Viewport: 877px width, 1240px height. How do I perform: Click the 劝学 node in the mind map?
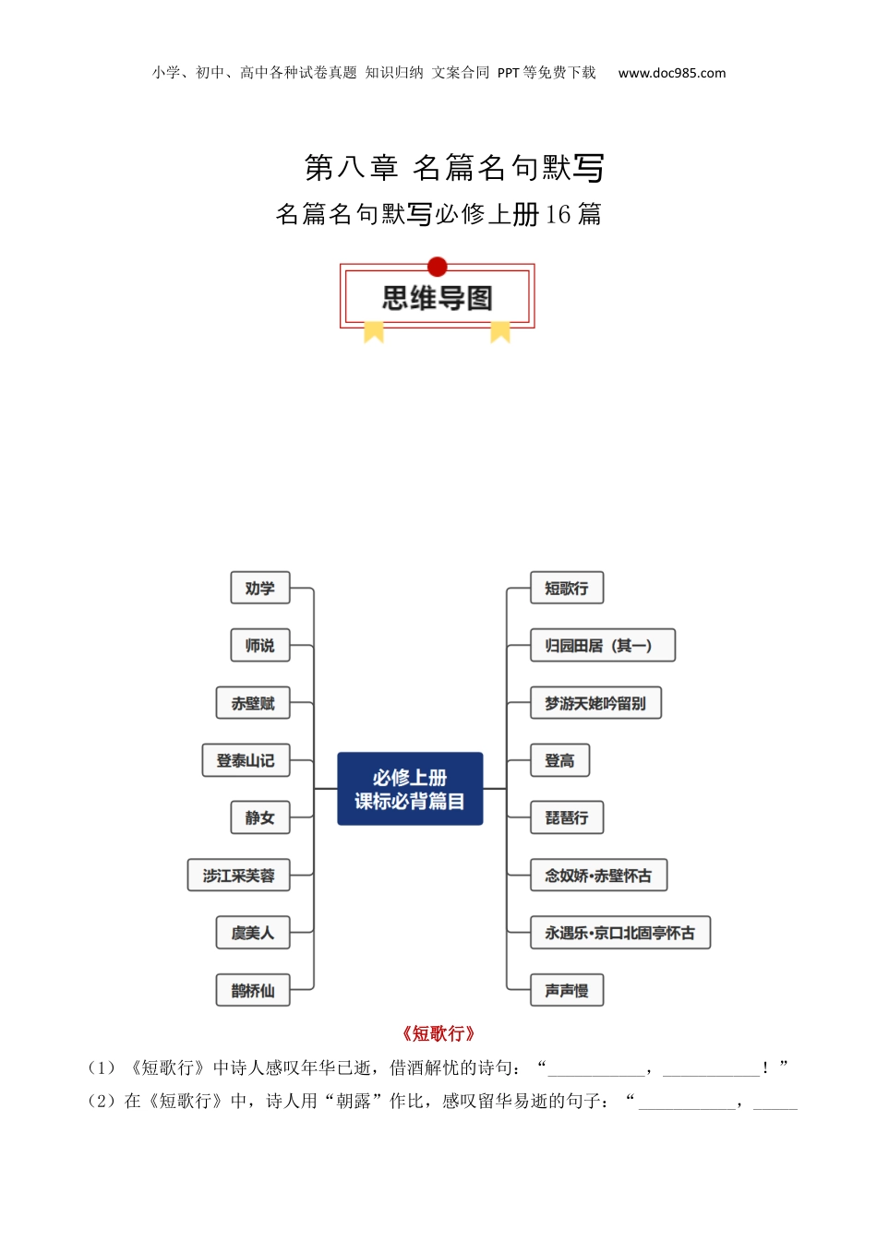pyautogui.click(x=259, y=589)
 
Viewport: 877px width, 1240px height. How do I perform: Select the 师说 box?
pyautogui.click(x=259, y=646)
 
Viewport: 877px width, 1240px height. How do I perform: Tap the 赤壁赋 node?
pyautogui.click(x=253, y=703)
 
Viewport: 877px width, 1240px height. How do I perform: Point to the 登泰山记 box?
pyautogui.click(x=246, y=760)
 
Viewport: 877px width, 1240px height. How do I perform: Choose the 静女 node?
pyautogui.click(x=259, y=817)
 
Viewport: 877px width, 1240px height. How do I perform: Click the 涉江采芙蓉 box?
pyautogui.click(x=239, y=876)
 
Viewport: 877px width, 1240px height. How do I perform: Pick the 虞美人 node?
pyautogui.click(x=253, y=933)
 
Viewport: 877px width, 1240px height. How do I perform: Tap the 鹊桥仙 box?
pyautogui.click(x=253, y=990)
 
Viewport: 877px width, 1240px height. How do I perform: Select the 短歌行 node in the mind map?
pyautogui.click(x=567, y=589)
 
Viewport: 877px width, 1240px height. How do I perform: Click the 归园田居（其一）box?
pyautogui.click(x=602, y=646)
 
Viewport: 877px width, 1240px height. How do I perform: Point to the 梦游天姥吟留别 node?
pyautogui.click(x=595, y=703)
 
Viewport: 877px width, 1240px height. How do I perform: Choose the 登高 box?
pyautogui.click(x=559, y=760)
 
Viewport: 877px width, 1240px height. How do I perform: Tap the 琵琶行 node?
pyautogui.click(x=567, y=817)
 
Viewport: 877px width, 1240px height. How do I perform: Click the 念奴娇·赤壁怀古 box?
pyautogui.click(x=598, y=876)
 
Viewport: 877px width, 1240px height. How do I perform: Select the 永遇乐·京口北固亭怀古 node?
pyautogui.click(x=619, y=933)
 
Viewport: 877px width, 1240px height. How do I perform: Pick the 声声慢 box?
pyautogui.click(x=567, y=990)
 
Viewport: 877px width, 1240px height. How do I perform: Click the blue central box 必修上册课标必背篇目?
pyautogui.click(x=410, y=789)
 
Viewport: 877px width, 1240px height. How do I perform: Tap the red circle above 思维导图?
pyautogui.click(x=438, y=268)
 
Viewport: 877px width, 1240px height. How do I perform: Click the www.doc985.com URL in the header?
pyautogui.click(x=672, y=73)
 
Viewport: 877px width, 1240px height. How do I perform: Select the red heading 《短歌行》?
pyautogui.click(x=438, y=1033)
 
